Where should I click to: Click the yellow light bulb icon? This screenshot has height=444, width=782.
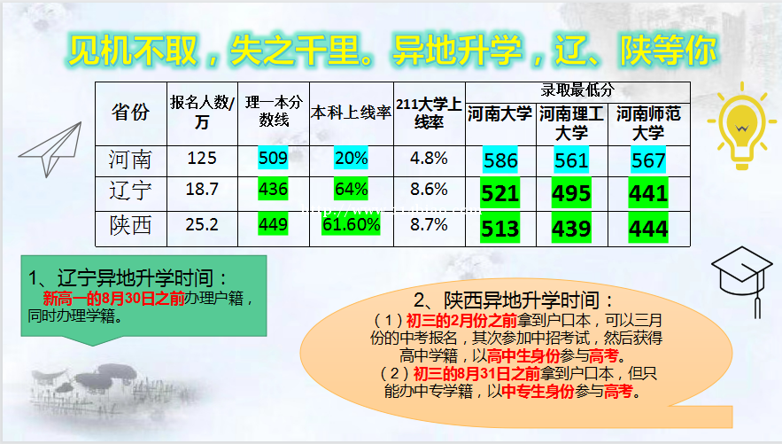pos(741,126)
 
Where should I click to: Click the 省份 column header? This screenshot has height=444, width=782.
pos(131,113)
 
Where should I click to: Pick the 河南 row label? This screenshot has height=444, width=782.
pos(130,160)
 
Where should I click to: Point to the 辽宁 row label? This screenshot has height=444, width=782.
pos(130,191)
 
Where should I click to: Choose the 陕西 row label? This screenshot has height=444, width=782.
pos(130,225)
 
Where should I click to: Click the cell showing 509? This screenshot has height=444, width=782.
pos(274,159)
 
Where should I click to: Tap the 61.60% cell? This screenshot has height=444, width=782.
pos(351,225)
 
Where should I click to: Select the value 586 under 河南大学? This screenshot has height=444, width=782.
pos(500,160)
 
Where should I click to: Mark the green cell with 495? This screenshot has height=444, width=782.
pos(571,193)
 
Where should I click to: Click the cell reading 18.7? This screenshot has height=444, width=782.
pos(202,190)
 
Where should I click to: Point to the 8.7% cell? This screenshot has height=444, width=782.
pos(429,225)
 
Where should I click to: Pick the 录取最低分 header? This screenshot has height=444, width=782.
pos(577,90)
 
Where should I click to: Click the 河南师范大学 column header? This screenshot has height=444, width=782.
pos(648,123)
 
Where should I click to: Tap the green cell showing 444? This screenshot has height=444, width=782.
pos(648,229)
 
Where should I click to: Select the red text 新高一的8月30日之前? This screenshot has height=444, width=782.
pos(113,299)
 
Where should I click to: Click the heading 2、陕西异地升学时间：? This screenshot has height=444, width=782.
pos(515,300)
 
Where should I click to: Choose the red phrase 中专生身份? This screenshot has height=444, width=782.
pos(538,391)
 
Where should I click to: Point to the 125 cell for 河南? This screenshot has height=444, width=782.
pos(202,159)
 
